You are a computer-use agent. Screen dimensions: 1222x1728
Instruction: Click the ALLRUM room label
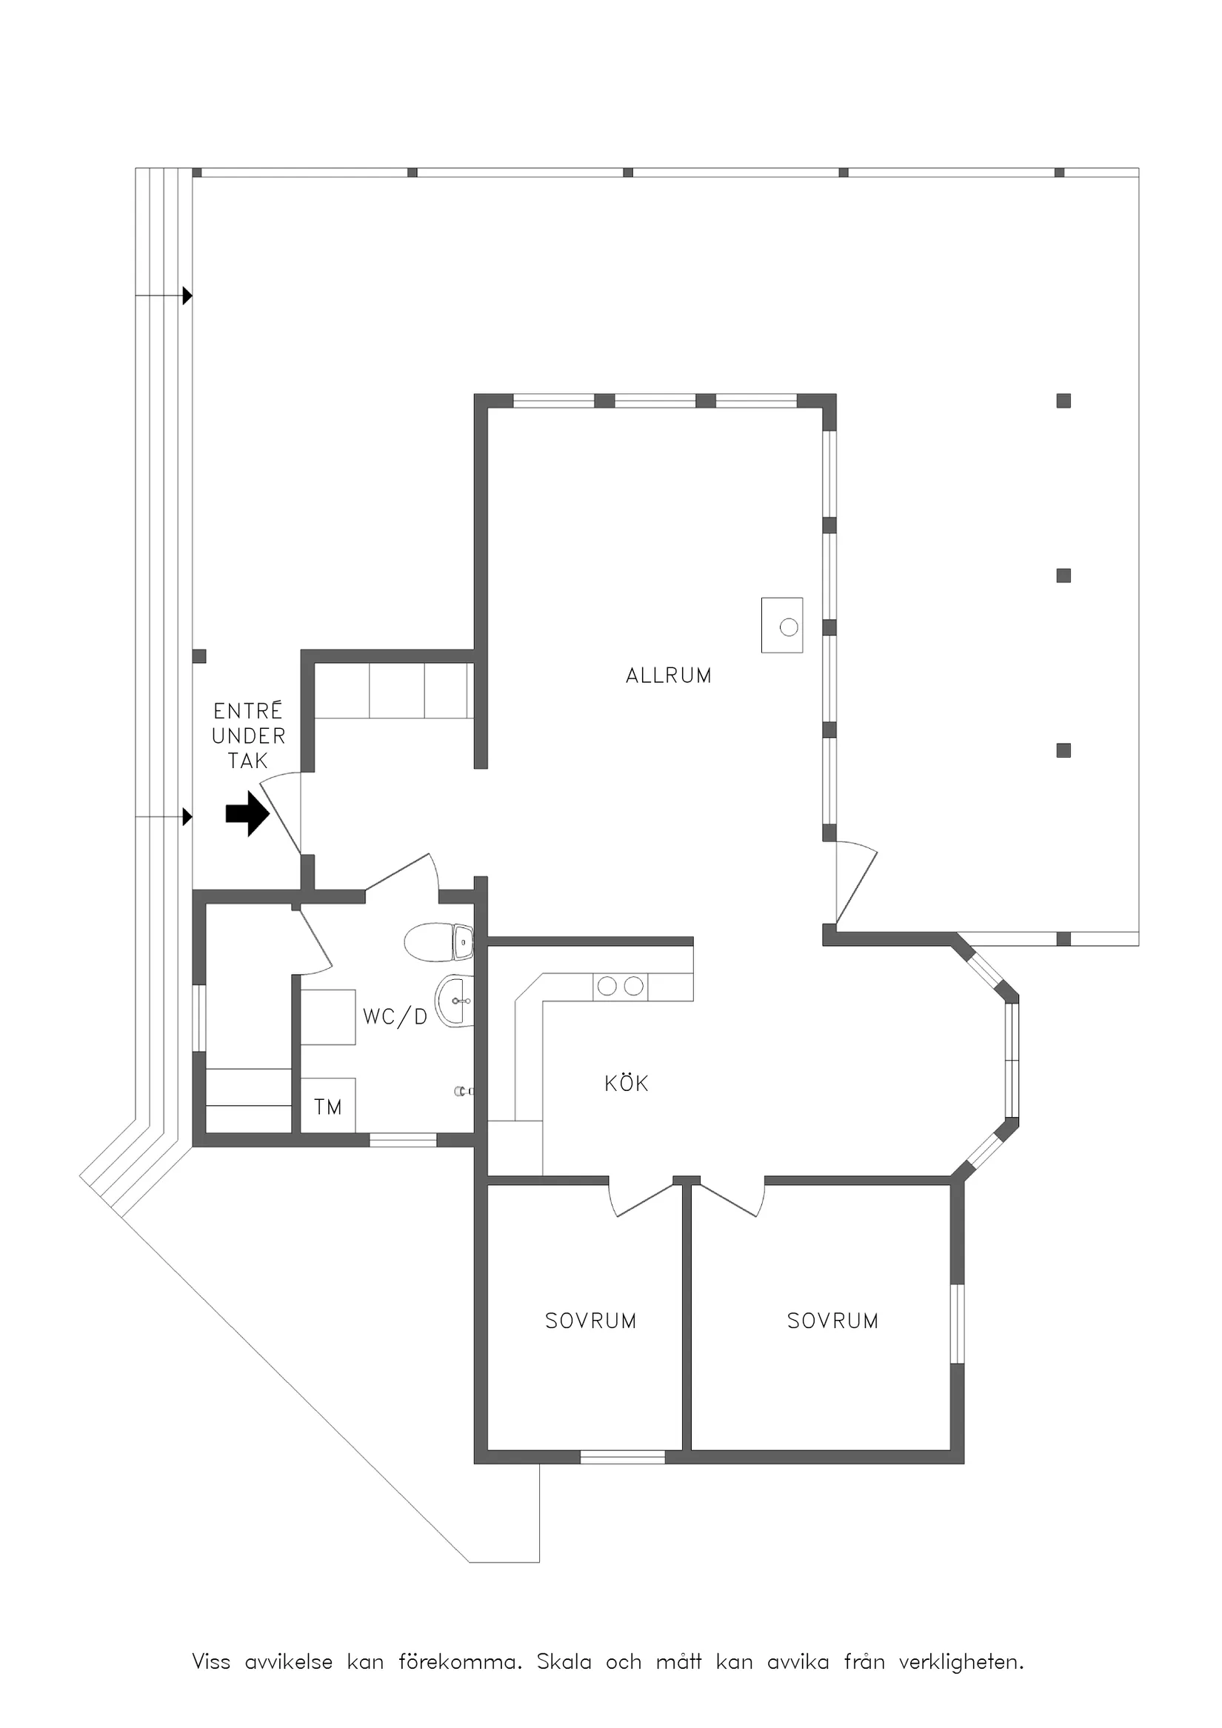pos(668,675)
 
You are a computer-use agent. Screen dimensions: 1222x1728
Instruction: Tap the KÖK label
pos(626,1083)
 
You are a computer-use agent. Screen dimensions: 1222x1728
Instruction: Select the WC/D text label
pos(395,1017)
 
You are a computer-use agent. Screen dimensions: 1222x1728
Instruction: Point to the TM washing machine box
pos(328,1106)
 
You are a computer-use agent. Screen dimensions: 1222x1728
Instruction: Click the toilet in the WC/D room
pos(438,942)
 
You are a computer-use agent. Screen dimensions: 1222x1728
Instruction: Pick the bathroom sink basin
pos(455,1001)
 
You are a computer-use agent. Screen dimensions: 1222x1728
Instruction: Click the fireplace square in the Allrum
pos(782,625)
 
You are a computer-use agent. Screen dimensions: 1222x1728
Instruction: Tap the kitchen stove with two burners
pos(620,986)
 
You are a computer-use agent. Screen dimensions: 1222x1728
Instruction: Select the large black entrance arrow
pos(247,813)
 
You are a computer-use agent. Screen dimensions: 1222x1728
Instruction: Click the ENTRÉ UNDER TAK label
pos(248,735)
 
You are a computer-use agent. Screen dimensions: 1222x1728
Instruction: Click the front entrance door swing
pos(281,813)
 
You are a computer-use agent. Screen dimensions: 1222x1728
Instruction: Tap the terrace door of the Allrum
pos(857,882)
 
